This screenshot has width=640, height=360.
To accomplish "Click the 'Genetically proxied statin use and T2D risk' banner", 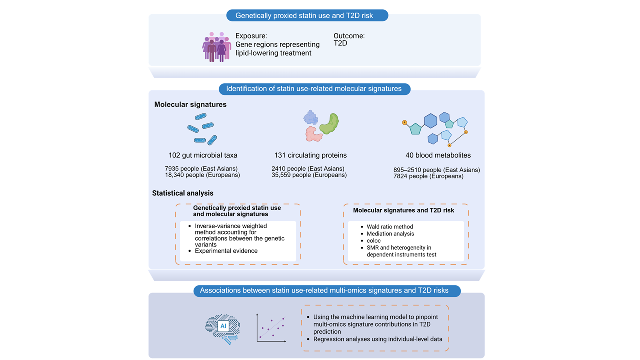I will (x=307, y=15).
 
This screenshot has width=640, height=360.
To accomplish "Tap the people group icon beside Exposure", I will (x=216, y=47).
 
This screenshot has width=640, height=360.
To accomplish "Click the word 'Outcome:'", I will (x=349, y=36).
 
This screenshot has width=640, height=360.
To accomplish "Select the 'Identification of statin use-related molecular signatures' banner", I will (x=314, y=89).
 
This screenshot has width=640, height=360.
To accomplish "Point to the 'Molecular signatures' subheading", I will (x=190, y=105).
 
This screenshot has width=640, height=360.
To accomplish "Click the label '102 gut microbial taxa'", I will (x=203, y=155).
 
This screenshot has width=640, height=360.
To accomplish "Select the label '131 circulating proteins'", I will (x=310, y=155).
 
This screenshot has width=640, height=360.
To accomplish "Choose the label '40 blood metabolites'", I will (x=438, y=155).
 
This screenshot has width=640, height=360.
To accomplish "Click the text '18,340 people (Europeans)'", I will (x=202, y=175).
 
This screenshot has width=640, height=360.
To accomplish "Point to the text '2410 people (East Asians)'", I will (x=308, y=169).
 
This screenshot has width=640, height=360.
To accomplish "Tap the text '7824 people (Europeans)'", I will (x=428, y=176).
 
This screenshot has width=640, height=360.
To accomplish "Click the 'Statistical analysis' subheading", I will (x=183, y=193).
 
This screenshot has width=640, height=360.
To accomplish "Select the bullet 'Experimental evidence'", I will (x=226, y=251).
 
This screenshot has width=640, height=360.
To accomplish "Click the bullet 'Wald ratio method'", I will (x=390, y=227).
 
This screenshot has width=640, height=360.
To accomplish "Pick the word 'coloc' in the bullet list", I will (x=373, y=241).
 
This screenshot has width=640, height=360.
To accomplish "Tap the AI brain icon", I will (x=223, y=327).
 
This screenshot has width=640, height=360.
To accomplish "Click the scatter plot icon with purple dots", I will (x=271, y=328).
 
